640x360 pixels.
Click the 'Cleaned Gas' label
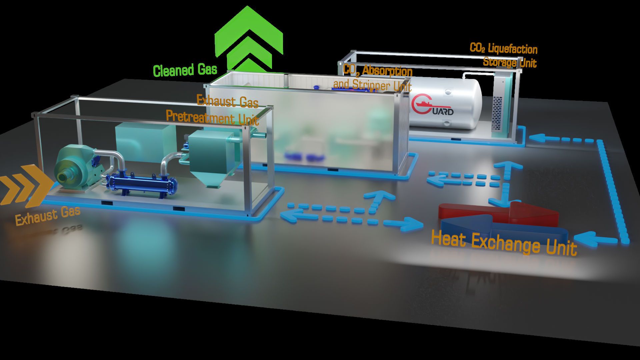tap(185, 70)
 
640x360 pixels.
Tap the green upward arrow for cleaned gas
tap(249, 37)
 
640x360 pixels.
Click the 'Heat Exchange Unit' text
tap(504, 243)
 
